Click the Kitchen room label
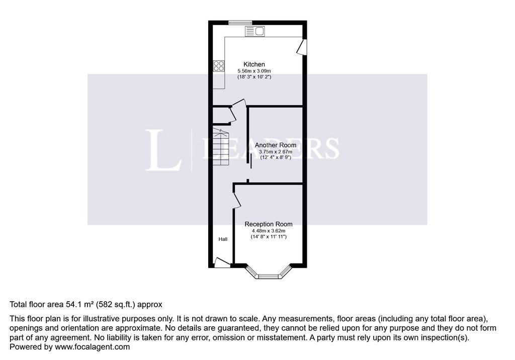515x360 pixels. coord(254,64)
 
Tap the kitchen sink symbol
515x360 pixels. coord(255,32)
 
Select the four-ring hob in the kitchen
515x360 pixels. coord(219,66)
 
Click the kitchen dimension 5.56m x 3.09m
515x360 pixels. coord(254,71)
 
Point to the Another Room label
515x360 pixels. coord(275,145)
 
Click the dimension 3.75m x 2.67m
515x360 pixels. coord(276,152)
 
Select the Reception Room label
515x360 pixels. coord(269,224)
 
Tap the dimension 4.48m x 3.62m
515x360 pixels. coord(269,231)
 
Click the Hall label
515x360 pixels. coord(223,239)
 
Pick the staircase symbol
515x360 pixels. coord(221,147)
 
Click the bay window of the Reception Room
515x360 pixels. coord(269,273)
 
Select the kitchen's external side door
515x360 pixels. coord(302,47)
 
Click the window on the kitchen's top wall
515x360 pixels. coord(240,22)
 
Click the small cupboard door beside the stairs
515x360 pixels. coord(232,115)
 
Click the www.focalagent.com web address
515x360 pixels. coord(93,347)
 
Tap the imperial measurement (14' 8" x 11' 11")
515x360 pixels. coord(269,236)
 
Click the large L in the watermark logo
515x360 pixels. coord(163,150)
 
